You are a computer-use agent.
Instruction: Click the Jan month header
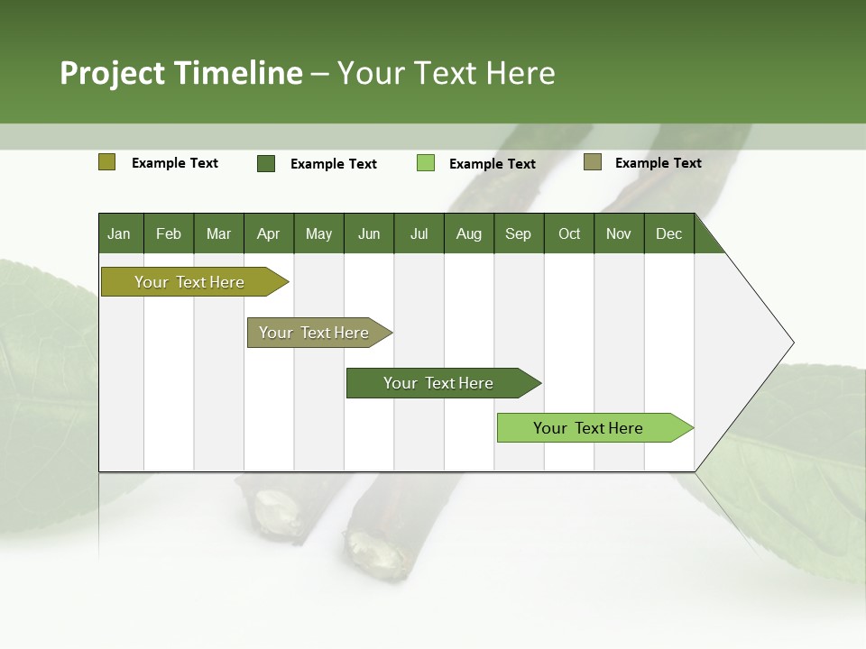119,233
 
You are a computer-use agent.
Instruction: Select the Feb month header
169,233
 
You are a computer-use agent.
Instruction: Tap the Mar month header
218,233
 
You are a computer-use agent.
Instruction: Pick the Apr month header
269,233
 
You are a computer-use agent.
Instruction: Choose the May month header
318,233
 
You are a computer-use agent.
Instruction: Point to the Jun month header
369,233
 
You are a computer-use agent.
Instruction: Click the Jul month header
419,233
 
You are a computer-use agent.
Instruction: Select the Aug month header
469,233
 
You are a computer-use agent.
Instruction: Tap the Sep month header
519,233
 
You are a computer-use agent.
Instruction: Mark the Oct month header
569,233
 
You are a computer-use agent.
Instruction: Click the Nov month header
619,233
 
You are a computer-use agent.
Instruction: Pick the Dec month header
669,233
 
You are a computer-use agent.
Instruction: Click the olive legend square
107,162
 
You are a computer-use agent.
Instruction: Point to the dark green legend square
266,163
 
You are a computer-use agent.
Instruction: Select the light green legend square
426,163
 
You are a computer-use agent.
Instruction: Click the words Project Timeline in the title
181,73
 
